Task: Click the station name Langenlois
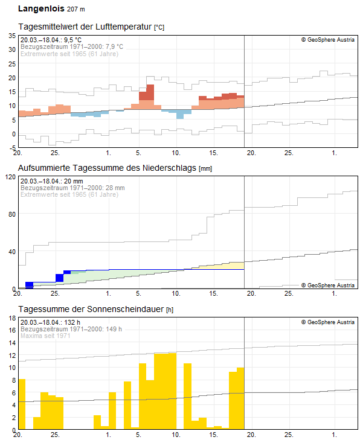point(40,9)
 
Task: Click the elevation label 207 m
point(76,10)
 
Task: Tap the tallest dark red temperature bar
point(150,92)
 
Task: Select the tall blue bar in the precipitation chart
point(60,278)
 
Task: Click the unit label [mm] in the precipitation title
point(205,168)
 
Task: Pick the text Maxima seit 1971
point(46,336)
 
